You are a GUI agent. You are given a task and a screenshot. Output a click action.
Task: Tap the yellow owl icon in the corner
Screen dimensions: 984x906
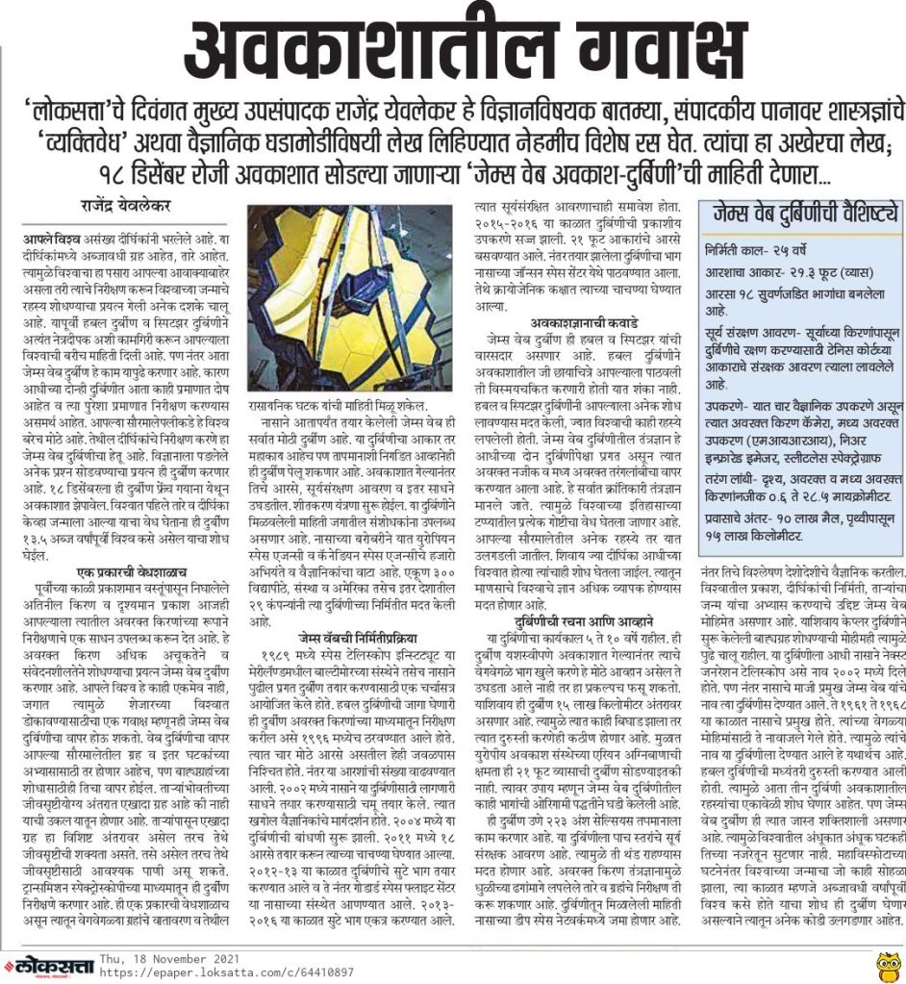pos(887,963)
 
